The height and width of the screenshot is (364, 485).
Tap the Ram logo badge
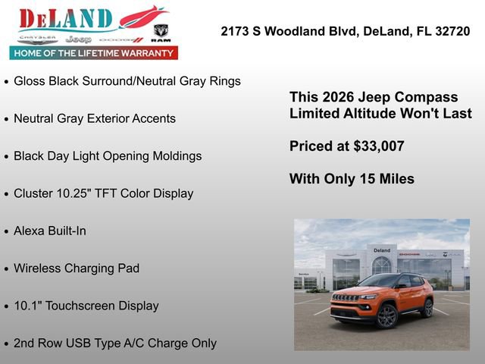pos(161,32)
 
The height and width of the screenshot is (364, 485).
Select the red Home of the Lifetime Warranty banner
pos(94,53)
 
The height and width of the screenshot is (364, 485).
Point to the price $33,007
pos(379,146)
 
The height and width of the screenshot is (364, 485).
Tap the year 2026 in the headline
pos(337,97)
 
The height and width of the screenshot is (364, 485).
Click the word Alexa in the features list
pos(30,231)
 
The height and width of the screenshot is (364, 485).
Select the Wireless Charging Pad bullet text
pos(77,268)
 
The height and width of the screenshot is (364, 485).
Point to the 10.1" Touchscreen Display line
pos(86,306)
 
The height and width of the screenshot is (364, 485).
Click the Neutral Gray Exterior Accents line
pos(95,118)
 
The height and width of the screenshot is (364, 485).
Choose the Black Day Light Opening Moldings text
pos(108,155)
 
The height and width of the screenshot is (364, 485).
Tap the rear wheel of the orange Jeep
pos(427,308)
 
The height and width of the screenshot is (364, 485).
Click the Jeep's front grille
pos(346,298)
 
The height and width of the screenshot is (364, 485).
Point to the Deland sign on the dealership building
pos(381,250)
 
